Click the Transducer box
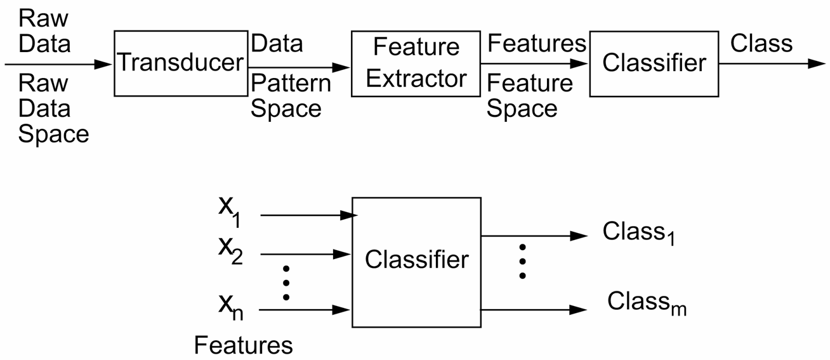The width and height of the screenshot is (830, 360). pyautogui.click(x=181, y=62)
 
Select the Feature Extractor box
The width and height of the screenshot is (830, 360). pyautogui.click(x=416, y=63)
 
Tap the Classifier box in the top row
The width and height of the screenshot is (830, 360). pyautogui.click(x=654, y=63)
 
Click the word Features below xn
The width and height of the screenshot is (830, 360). pyautogui.click(x=243, y=345)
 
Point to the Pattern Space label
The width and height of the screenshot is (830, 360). pyautogui.click(x=290, y=95)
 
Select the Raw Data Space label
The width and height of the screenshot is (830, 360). pyautogui.click(x=53, y=109)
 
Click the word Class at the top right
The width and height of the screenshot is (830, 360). pyautogui.click(x=761, y=44)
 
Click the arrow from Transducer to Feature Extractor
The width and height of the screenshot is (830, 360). pyautogui.click(x=298, y=66)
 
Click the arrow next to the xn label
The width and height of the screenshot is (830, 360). pyautogui.click(x=305, y=310)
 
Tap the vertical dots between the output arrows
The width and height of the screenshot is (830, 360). pyautogui.click(x=522, y=261)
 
